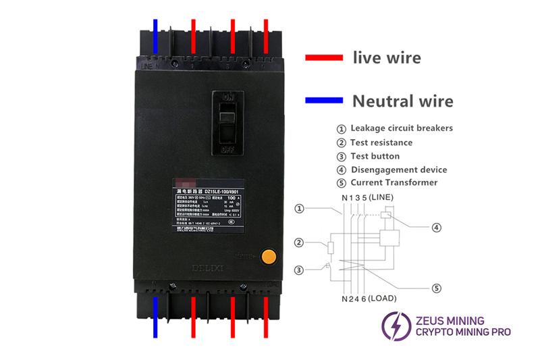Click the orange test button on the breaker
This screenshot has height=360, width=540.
(270, 257)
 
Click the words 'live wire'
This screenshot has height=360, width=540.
(387, 57)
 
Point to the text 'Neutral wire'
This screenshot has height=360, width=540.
(403, 101)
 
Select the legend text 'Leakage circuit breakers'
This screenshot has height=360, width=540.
(401, 128)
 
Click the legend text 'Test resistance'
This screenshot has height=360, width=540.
(381, 143)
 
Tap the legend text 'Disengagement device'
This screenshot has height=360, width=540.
(398, 170)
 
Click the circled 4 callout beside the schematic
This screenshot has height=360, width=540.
(436, 228)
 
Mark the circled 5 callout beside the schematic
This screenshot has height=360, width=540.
(436, 288)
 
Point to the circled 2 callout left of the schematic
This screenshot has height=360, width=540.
(299, 242)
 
